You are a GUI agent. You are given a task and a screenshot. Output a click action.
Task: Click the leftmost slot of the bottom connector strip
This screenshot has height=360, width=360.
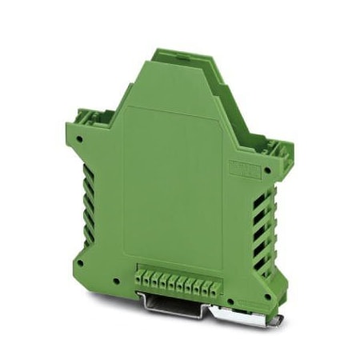138,282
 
